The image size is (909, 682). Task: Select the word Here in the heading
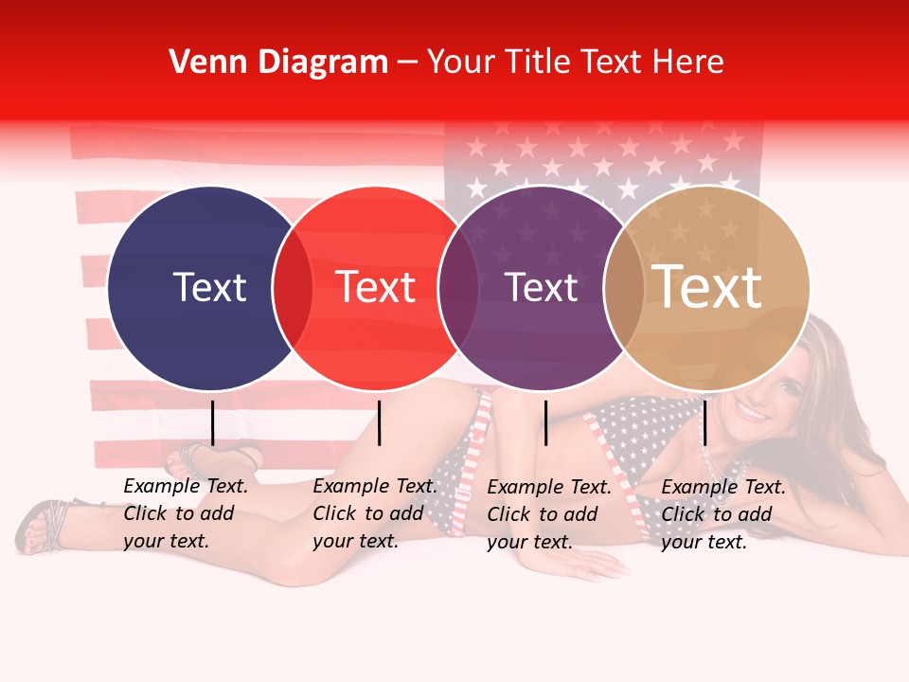point(687,63)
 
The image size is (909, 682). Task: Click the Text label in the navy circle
point(209,287)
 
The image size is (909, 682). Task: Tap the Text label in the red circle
point(376,287)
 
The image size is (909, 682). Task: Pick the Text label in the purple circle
point(542,287)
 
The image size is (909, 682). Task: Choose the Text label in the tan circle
point(707,286)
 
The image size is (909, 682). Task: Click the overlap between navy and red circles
point(293,288)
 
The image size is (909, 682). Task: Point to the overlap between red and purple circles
point(458,288)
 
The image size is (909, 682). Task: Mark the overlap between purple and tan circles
point(624,288)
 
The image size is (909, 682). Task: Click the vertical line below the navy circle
point(212,422)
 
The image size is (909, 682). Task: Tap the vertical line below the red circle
point(379,422)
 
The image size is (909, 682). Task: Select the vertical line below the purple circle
point(545,422)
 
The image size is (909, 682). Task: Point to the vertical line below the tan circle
point(704,422)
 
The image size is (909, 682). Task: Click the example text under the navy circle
point(186,513)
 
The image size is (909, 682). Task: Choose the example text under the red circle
point(375,513)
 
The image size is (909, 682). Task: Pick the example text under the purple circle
point(549,514)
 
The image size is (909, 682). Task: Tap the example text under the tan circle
point(723,514)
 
